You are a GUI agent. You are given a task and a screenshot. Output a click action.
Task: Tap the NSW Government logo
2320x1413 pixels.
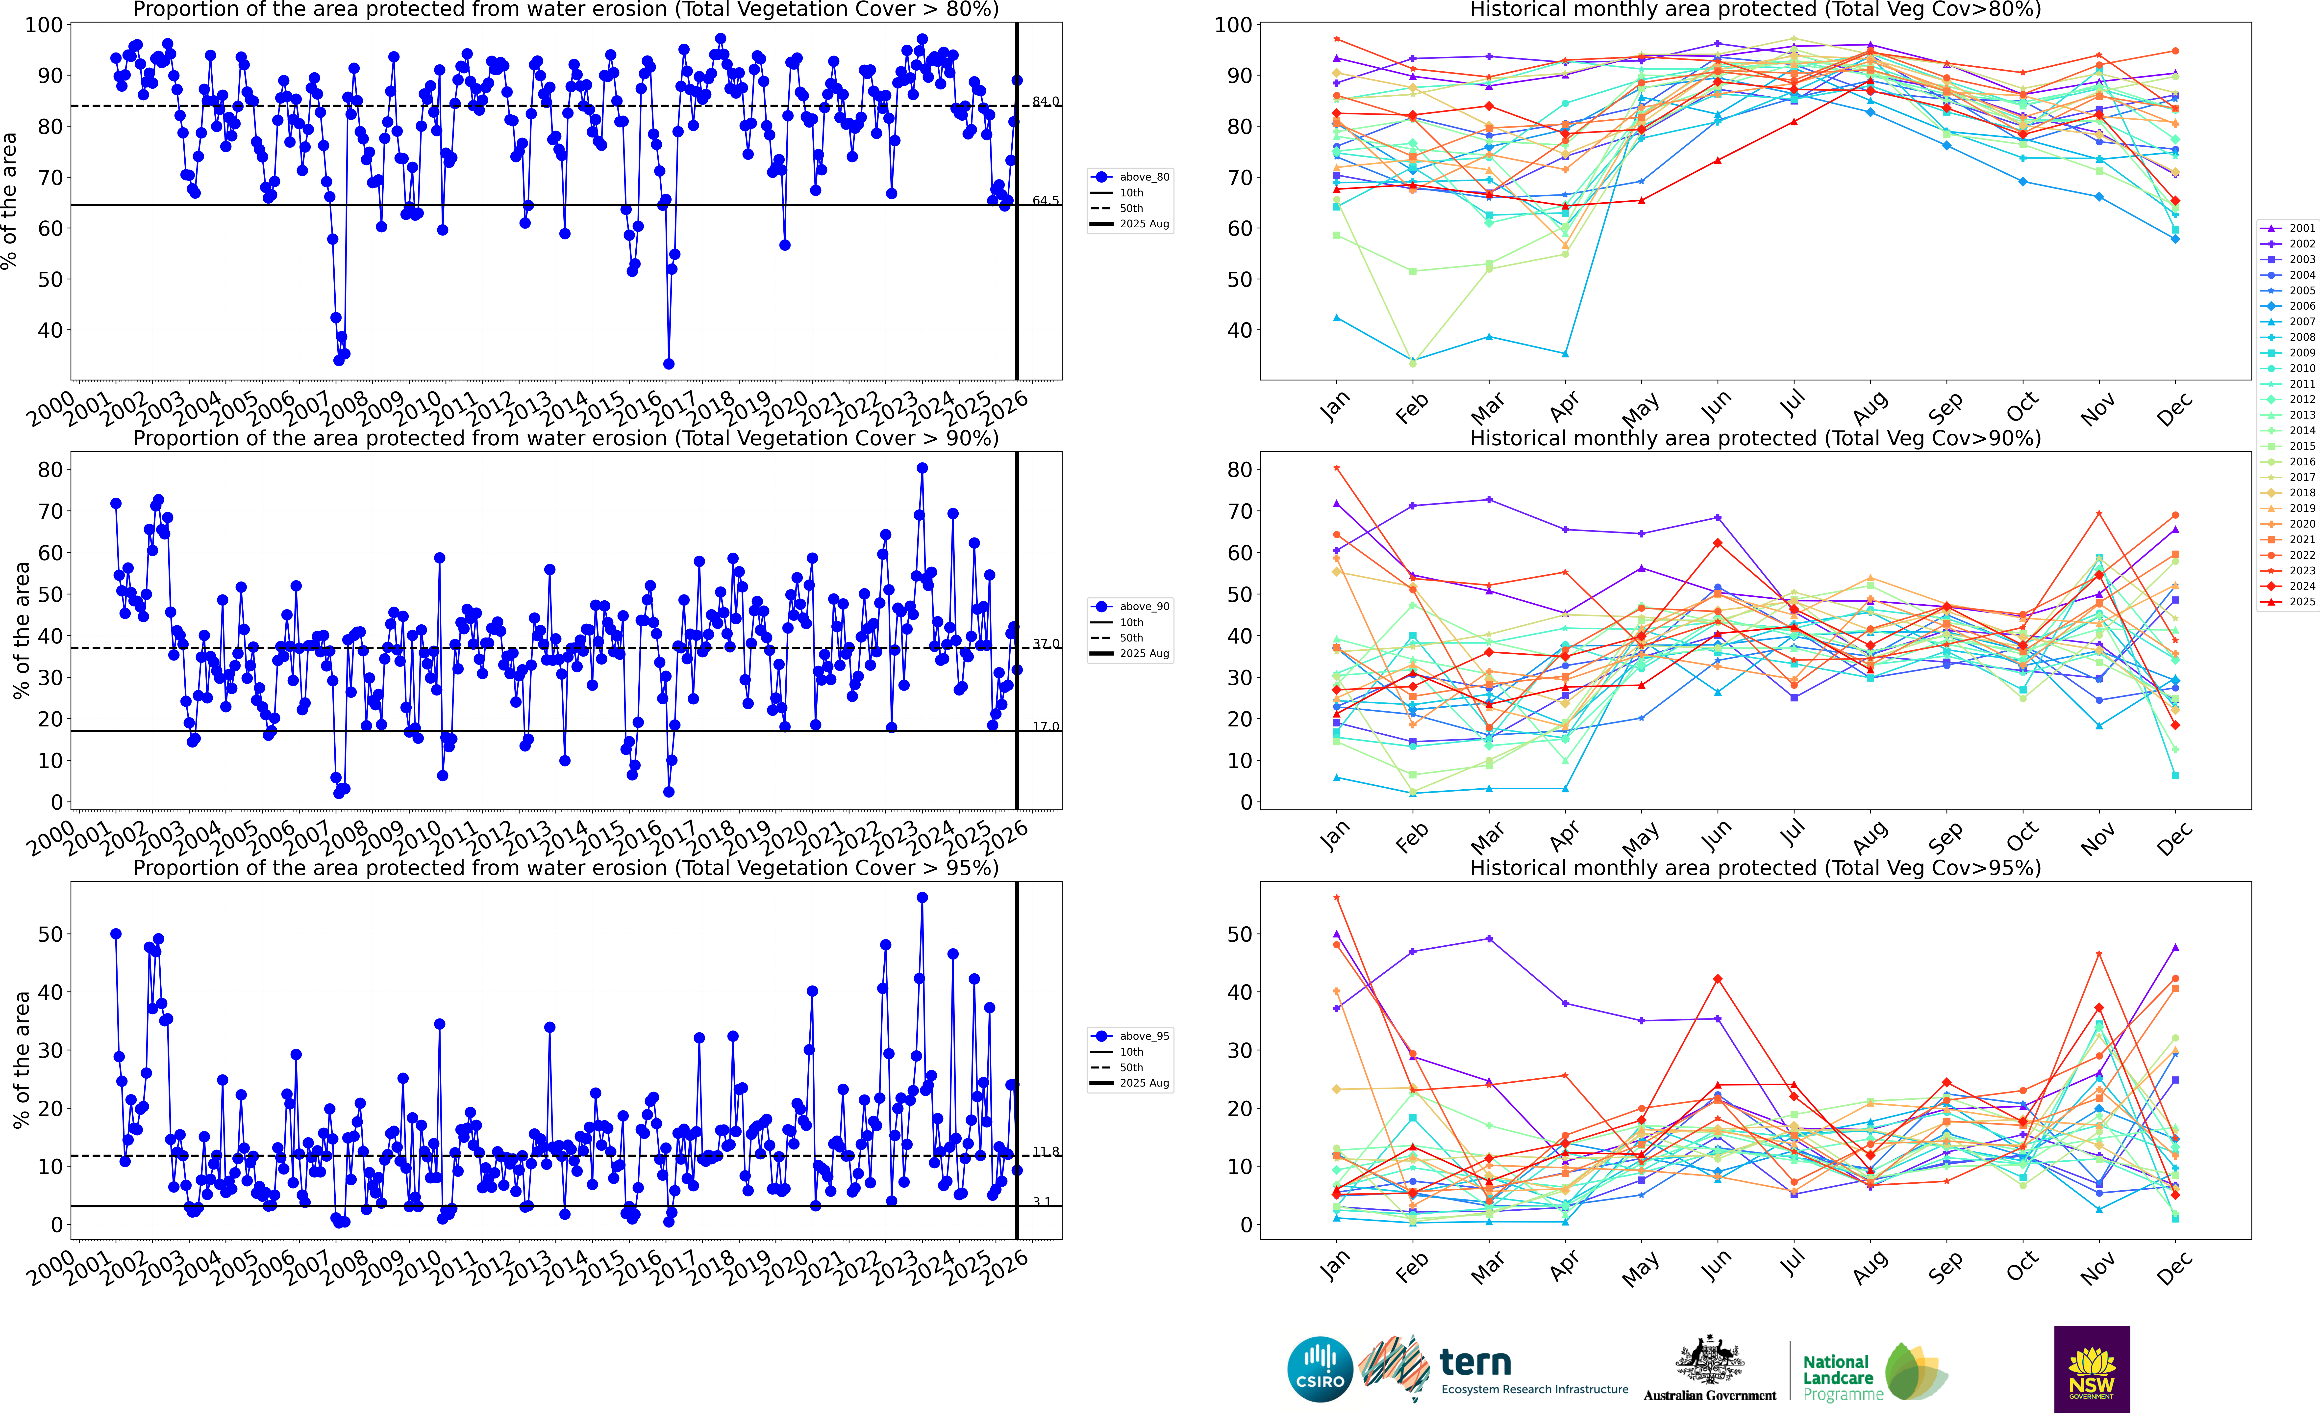[2091, 1369]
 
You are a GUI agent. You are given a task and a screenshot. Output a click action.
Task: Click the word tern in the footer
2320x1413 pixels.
[1475, 1362]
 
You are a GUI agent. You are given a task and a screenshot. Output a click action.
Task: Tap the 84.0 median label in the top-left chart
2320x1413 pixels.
[1045, 101]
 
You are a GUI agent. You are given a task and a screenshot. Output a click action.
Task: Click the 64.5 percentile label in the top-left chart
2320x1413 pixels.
[1045, 201]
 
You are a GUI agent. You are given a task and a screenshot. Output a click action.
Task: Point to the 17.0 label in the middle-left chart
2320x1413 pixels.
[1045, 726]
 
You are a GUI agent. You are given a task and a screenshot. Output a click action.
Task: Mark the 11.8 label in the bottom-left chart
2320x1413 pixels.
[1045, 1151]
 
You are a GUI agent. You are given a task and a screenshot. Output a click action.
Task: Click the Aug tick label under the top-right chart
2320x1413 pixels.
[1870, 407]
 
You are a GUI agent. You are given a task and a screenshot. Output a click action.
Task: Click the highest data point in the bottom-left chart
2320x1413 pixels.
[922, 898]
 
